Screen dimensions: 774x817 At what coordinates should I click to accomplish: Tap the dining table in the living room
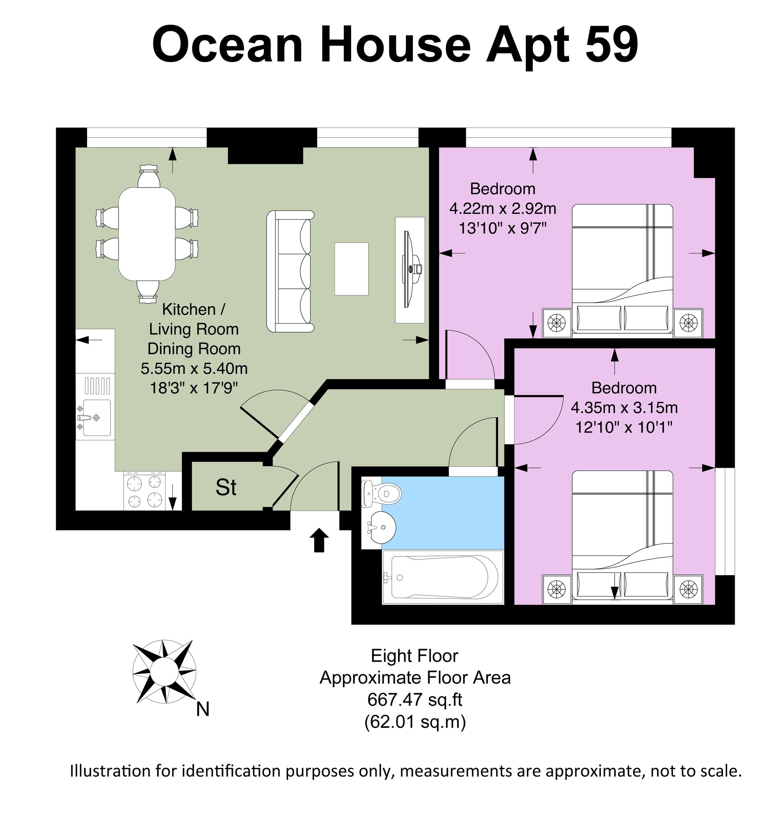click(147, 234)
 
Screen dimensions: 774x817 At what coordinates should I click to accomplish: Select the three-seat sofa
click(290, 271)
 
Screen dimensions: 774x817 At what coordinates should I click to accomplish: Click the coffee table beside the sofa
click(351, 268)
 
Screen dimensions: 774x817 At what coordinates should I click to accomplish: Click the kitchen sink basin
click(96, 418)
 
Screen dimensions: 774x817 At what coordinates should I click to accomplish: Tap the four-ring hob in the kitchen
click(144, 491)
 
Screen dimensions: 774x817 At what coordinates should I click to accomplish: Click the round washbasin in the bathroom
click(380, 527)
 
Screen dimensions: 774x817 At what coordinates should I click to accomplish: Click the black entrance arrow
click(319, 540)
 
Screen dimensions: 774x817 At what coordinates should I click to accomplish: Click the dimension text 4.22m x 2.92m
click(503, 209)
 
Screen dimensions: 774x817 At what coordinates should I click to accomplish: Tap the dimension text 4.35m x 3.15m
click(624, 408)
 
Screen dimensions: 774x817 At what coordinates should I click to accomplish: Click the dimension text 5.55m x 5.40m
click(194, 368)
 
